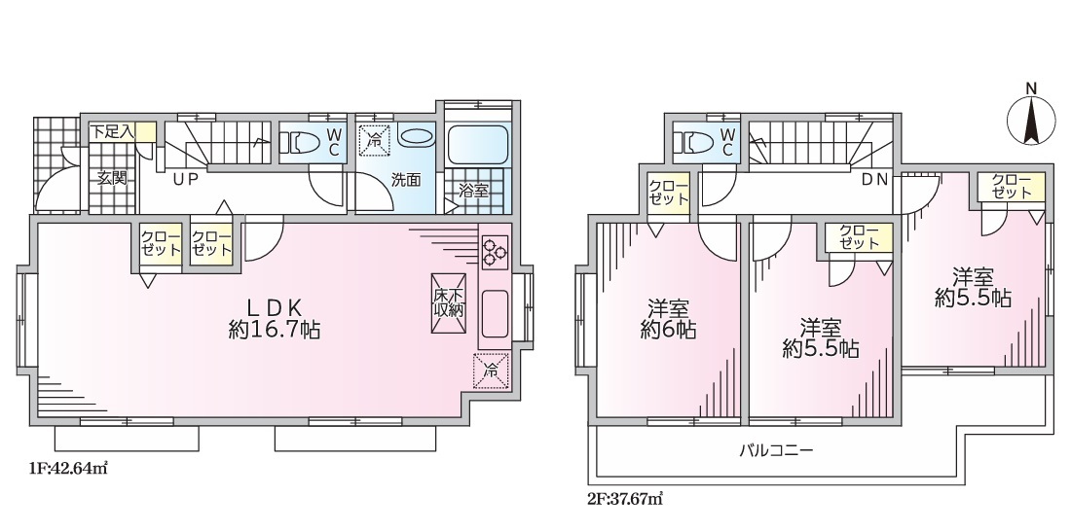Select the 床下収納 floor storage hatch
(x=448, y=303)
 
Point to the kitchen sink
(x=496, y=311)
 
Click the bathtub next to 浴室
(x=479, y=144)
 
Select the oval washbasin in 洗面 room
(x=416, y=136)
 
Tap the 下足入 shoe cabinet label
(x=113, y=131)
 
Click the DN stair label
(x=874, y=180)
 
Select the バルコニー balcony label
(x=776, y=450)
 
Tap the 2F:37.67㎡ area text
(x=625, y=499)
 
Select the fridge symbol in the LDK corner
(x=491, y=372)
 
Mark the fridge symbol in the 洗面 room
(x=374, y=141)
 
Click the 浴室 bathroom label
(x=473, y=192)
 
